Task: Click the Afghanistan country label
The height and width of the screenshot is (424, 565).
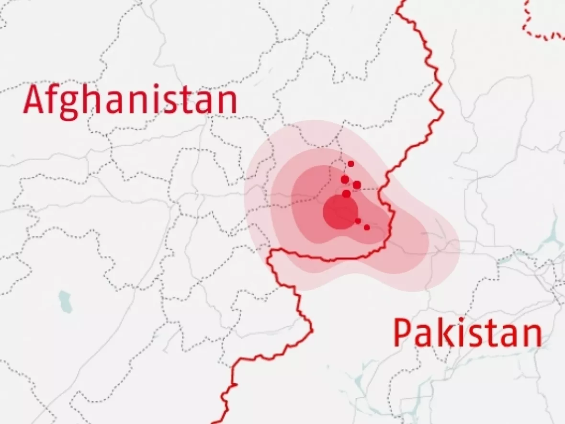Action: (130, 100)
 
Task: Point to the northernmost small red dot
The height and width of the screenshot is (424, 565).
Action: (351, 164)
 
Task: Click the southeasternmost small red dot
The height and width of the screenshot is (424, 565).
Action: (367, 228)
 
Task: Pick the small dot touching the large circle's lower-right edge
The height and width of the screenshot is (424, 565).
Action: (358, 221)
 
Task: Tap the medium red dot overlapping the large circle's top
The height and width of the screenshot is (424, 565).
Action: (346, 194)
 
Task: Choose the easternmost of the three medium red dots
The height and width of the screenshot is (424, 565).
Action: (357, 184)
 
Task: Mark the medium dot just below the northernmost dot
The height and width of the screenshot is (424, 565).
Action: (345, 179)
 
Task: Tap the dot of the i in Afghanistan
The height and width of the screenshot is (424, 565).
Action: (161, 87)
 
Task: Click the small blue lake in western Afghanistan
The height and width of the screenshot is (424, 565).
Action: (65, 301)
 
